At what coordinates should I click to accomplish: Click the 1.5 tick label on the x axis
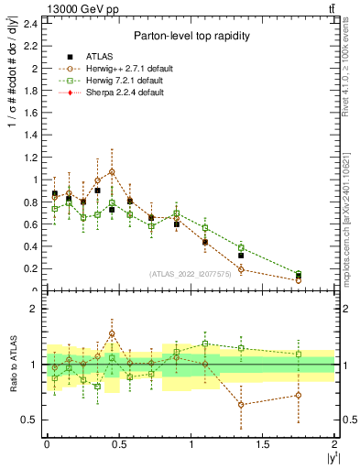click(263, 444)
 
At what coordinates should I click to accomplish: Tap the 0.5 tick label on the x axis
click(119, 444)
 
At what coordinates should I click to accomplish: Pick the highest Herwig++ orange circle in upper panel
click(112, 171)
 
